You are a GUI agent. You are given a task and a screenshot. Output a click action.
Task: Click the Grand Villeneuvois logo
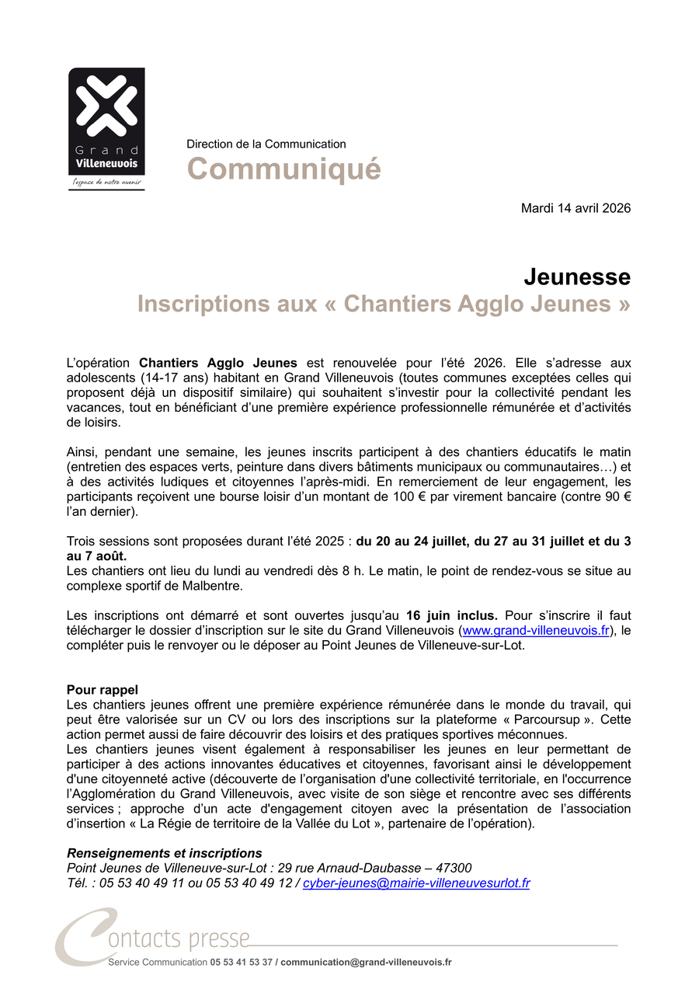click(x=106, y=128)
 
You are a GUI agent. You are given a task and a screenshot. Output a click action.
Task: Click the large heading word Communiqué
click(x=283, y=169)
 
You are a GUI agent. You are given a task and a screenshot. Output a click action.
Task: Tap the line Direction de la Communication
click(x=266, y=144)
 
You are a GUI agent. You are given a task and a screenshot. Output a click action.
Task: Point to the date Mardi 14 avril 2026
click(x=576, y=208)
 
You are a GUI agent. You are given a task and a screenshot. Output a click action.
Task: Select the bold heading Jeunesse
click(x=576, y=277)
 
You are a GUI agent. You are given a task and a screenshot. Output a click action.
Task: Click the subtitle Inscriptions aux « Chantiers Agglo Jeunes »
click(x=384, y=305)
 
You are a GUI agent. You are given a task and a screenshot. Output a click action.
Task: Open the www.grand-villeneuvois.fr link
click(x=536, y=630)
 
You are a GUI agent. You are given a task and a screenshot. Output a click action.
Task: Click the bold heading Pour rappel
click(x=103, y=689)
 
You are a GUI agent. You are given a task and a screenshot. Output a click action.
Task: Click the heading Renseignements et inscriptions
click(x=165, y=853)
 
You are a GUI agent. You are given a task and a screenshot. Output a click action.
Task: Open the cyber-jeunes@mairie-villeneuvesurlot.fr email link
click(x=416, y=883)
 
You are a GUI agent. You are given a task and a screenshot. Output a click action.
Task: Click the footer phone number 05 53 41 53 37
click(x=241, y=962)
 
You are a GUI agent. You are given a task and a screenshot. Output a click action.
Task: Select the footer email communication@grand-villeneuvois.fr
click(x=366, y=962)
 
